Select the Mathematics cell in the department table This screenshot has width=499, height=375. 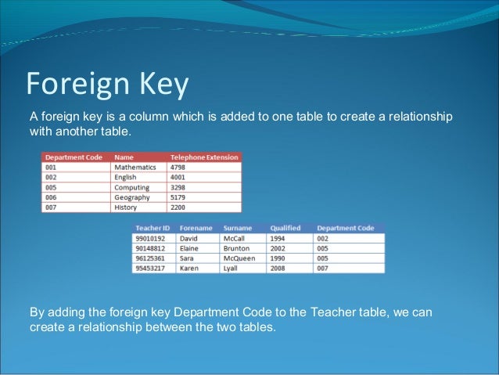(x=135, y=167)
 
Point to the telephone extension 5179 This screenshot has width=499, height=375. (x=178, y=197)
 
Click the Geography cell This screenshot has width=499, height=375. (x=132, y=197)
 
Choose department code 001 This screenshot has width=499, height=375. (x=51, y=167)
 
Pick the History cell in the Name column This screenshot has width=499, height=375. (x=126, y=207)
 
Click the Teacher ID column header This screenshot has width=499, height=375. (x=153, y=228)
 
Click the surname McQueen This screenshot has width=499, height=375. (x=239, y=258)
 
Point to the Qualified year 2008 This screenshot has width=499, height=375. (x=279, y=269)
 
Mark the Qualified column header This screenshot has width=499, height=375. (x=285, y=228)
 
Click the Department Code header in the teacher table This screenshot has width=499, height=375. (x=345, y=228)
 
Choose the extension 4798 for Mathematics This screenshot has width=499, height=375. (x=178, y=167)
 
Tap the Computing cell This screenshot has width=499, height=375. (x=132, y=187)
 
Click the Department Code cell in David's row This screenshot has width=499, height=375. (x=322, y=238)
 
